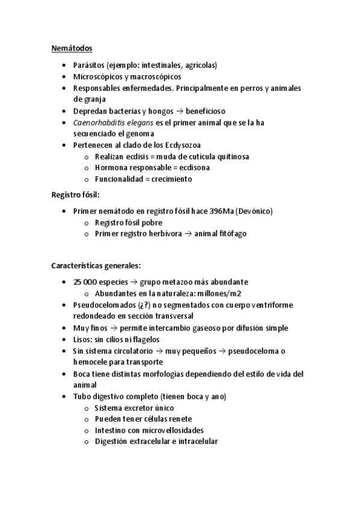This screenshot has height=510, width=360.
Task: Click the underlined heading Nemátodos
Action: [72, 49]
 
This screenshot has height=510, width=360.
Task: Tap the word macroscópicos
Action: [156, 76]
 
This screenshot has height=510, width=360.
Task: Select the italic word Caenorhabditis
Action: [100, 122]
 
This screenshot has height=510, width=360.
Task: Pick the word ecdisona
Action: [198, 168]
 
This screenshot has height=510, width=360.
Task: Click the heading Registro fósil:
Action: [76, 195]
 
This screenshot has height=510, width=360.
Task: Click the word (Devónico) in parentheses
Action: [255, 211]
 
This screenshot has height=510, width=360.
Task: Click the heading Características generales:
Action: [96, 265]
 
